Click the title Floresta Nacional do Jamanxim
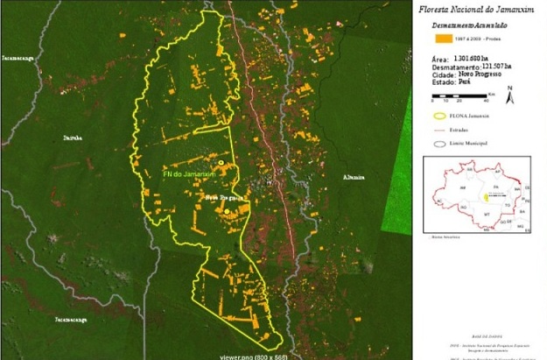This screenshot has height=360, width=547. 478,11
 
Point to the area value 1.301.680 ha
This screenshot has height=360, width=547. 478,58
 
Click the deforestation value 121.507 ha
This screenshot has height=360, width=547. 493,67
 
